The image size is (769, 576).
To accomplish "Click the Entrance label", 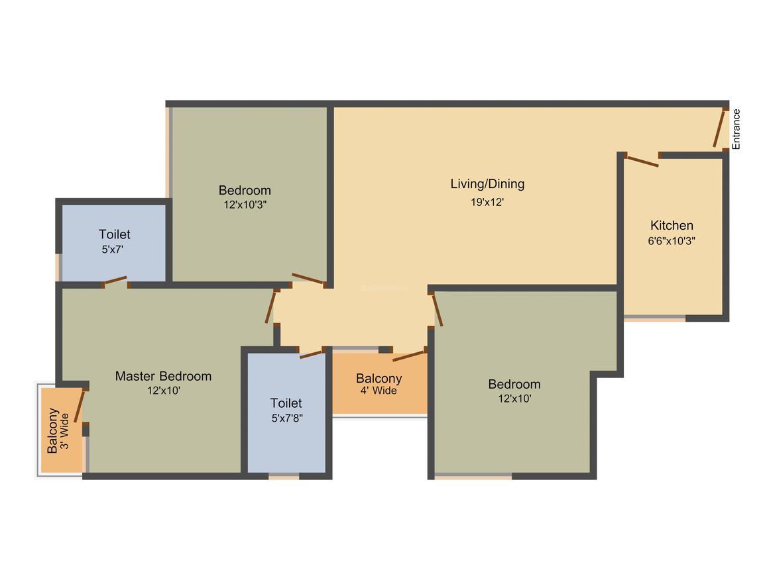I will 736,128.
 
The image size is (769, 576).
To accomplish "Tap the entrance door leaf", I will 719,128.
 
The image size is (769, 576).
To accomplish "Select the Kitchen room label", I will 672,226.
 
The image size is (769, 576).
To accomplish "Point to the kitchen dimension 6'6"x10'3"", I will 672,242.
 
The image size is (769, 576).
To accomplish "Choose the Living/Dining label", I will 487,184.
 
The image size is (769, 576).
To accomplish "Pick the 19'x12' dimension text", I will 487,202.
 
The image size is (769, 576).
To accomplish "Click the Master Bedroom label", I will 163,376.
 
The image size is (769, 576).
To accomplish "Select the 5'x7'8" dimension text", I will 286,418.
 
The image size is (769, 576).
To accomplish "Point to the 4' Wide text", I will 379,391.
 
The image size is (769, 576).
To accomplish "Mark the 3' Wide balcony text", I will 65,431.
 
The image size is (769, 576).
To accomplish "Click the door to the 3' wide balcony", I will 80,405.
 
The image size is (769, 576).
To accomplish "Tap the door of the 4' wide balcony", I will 409,355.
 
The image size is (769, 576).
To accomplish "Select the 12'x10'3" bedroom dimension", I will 245,205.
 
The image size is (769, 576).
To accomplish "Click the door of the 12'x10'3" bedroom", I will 308,279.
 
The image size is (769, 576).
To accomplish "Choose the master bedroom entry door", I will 270,307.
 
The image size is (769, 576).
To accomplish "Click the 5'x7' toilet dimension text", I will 114,250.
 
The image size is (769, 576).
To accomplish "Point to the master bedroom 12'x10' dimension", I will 163,391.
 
